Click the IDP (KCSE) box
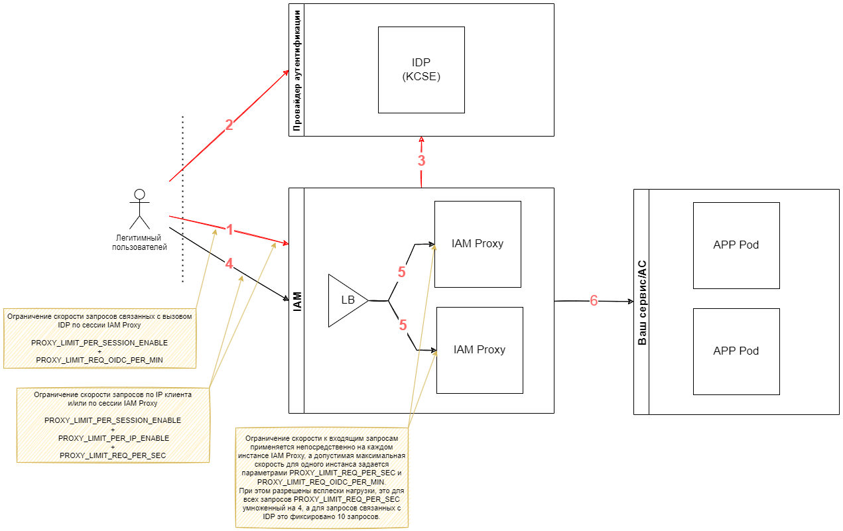pos(421,70)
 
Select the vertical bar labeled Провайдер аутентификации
pos(296,70)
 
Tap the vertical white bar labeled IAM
pos(296,300)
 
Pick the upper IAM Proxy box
pos(478,244)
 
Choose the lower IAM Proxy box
pos(480,350)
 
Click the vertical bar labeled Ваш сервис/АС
pos(641,302)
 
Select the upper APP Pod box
pos(736,245)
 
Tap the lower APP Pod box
pos(736,351)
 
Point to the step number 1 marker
pos(229,231)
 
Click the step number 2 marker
pos(229,125)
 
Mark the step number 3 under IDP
pos(421,160)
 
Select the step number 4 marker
pos(229,264)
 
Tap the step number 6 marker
pos(594,301)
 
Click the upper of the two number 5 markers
pos(402,272)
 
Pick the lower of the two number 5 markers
pos(403,325)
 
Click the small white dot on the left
pos(139,194)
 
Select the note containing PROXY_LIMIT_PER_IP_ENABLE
pos(113,425)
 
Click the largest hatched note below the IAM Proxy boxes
pos(322,477)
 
